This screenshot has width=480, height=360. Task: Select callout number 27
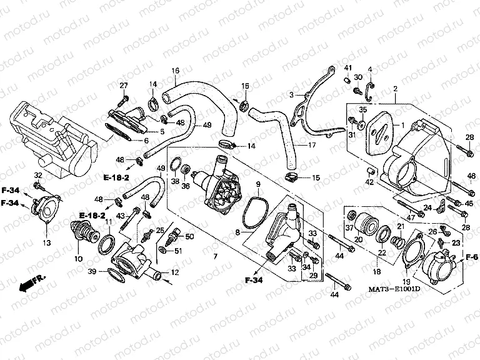(124, 85)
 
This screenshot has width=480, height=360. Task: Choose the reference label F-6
(471, 257)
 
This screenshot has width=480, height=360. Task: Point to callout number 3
(291, 94)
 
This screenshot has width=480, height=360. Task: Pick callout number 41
(348, 68)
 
